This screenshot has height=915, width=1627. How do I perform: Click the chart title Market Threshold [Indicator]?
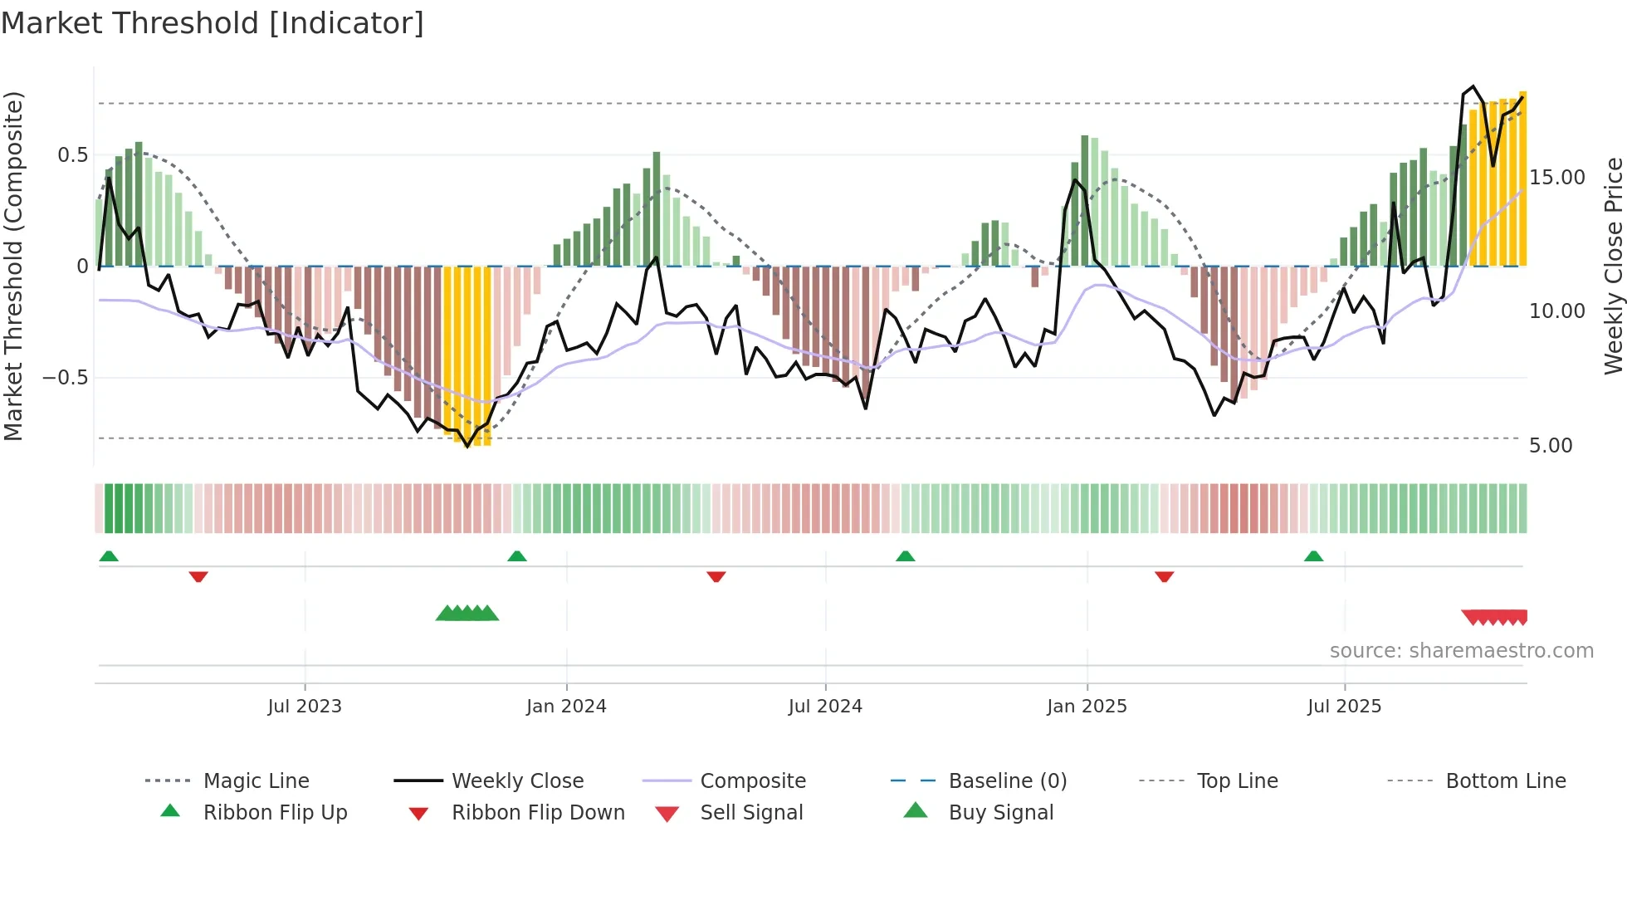pyautogui.click(x=213, y=23)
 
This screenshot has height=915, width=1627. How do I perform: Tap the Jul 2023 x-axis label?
pyautogui.click(x=305, y=707)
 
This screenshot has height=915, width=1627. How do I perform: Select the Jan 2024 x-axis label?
pyautogui.click(x=566, y=707)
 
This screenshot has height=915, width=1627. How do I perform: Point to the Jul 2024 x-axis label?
pyautogui.click(x=825, y=707)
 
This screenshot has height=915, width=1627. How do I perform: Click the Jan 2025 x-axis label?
pyautogui.click(x=1087, y=707)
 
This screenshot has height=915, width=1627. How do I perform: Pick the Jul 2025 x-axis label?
pyautogui.click(x=1344, y=707)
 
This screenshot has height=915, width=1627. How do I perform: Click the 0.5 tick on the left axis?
pyautogui.click(x=72, y=155)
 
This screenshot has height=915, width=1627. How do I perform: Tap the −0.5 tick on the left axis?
pyautogui.click(x=66, y=378)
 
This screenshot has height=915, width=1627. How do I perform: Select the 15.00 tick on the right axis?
pyautogui.click(x=1556, y=178)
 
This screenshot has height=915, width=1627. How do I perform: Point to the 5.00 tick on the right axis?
pyautogui.click(x=1551, y=446)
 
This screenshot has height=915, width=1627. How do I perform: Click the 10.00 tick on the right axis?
pyautogui.click(x=1556, y=311)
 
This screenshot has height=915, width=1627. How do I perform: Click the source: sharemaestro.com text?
pyautogui.click(x=1461, y=651)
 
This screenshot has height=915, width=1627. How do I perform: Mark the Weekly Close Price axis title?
pyautogui.click(x=1613, y=266)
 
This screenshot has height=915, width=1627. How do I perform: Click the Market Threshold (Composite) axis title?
pyautogui.click(x=13, y=266)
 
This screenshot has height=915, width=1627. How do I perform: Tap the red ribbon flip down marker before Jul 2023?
pyautogui.click(x=198, y=576)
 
